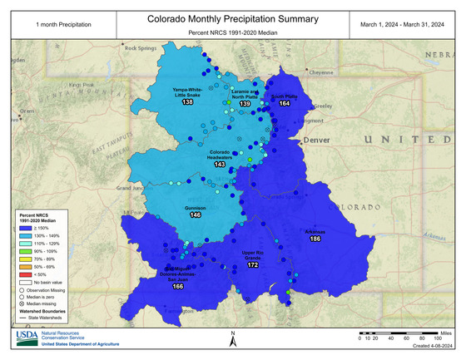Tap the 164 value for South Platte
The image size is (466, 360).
285,104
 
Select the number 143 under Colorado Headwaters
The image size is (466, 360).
220,165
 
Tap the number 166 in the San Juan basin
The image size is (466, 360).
176,285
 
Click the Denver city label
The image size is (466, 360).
317,141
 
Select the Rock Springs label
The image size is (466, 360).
141,48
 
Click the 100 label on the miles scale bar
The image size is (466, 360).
437,339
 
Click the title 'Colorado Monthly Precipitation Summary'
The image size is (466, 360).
232,17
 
